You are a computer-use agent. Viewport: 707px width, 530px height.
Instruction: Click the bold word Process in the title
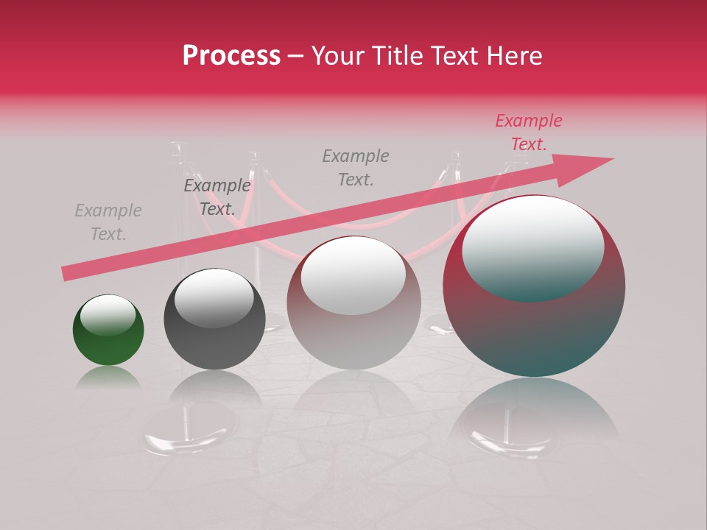(x=231, y=56)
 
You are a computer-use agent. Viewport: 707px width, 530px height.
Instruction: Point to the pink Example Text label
(x=528, y=132)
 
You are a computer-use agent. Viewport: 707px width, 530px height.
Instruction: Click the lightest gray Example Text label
(x=108, y=222)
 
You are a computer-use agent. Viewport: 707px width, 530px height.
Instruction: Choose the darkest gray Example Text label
(x=217, y=197)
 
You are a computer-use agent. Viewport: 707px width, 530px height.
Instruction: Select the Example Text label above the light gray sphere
(x=356, y=167)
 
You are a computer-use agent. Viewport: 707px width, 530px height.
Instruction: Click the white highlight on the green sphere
(x=108, y=314)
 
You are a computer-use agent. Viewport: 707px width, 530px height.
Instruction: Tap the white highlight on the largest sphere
(x=532, y=247)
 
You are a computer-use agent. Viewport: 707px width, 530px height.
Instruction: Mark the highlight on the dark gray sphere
(x=214, y=297)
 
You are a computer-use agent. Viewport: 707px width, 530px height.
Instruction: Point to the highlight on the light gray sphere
(x=353, y=275)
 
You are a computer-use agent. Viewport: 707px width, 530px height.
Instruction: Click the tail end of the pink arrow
(x=66, y=273)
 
